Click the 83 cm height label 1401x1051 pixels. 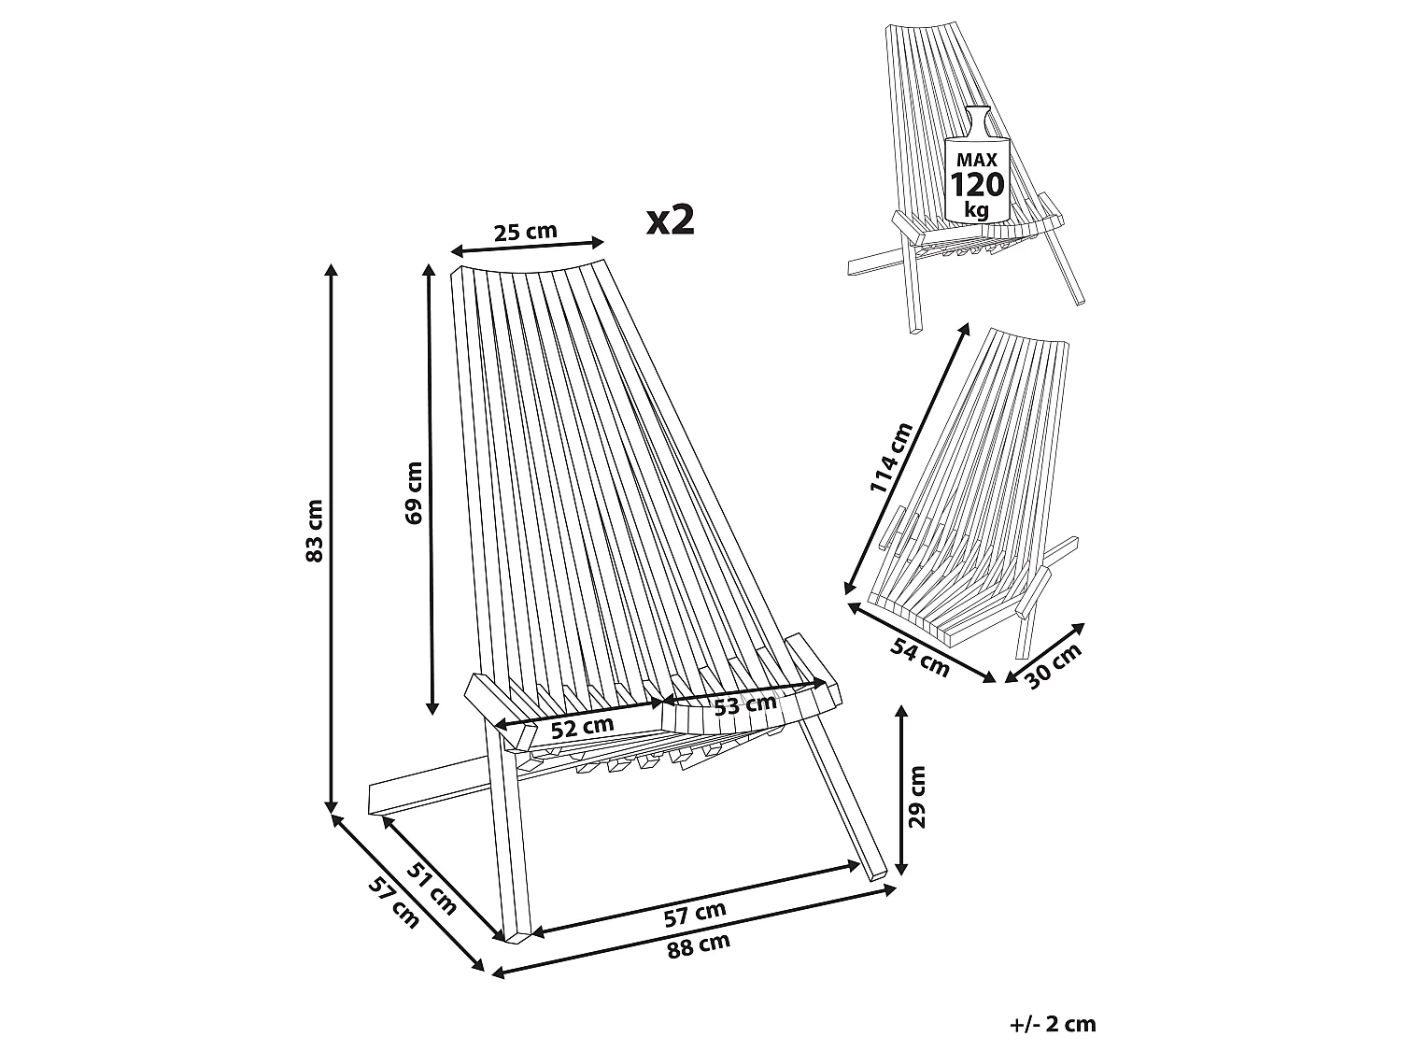[x=315, y=531]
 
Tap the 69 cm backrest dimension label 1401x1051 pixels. [x=414, y=493]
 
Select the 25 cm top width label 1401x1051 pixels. [x=526, y=231]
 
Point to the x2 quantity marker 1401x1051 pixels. [x=671, y=220]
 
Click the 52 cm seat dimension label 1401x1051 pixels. [x=582, y=728]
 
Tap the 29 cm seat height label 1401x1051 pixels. [x=916, y=797]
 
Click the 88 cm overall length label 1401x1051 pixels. [x=699, y=945]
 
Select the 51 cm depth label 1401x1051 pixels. [x=432, y=888]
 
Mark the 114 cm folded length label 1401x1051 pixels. [x=892, y=458]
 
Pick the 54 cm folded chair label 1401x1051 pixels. [x=920, y=657]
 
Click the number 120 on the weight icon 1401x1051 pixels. [x=977, y=185]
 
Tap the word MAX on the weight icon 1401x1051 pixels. [x=977, y=159]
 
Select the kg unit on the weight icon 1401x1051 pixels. [x=977, y=209]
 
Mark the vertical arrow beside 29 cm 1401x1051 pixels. [x=901, y=789]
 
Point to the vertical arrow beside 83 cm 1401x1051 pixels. [x=331, y=538]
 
